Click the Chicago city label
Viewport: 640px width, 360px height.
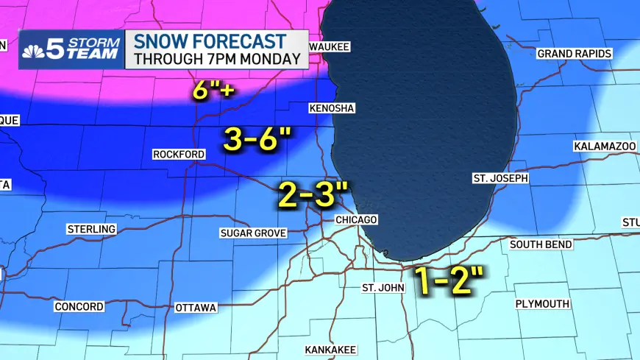(356, 220)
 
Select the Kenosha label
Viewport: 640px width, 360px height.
(331, 108)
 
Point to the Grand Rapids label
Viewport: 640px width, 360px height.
(574, 54)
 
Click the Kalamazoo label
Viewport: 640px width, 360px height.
(605, 147)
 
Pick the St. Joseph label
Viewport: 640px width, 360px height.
(500, 179)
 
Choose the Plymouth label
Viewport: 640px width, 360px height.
(542, 303)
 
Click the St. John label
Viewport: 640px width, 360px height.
(383, 287)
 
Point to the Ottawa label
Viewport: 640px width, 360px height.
(196, 307)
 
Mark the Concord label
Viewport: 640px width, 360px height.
(79, 306)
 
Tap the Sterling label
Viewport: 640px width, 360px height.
(91, 229)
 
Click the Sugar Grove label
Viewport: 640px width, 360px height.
(252, 233)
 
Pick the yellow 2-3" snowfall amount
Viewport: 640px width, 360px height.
(312, 195)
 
